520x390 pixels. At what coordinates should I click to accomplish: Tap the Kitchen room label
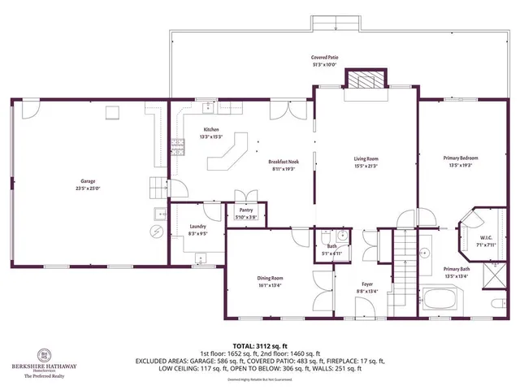(x=211, y=130)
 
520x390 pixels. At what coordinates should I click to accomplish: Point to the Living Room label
(x=366, y=159)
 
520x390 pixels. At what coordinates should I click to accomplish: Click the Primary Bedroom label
(x=461, y=158)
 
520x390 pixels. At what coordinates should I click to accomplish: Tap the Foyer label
(x=366, y=285)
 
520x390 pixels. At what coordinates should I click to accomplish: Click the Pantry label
(x=245, y=210)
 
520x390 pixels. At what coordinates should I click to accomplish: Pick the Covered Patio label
(x=324, y=58)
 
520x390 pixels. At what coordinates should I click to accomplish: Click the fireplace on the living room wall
(x=360, y=79)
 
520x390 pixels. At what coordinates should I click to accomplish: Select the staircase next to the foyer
(x=404, y=260)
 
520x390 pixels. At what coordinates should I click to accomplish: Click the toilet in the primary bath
(x=496, y=306)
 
